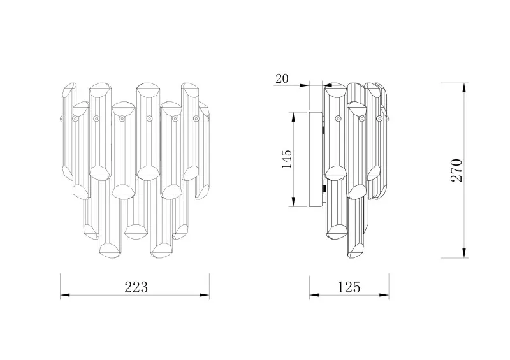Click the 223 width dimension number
point(136,287)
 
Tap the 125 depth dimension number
point(349,287)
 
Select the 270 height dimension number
point(456,170)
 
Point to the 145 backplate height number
point(287,159)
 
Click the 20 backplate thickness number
point(282,79)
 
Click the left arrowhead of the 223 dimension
point(65,295)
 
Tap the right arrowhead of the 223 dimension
point(205,295)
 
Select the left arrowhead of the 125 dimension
point(314,295)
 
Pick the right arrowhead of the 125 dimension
point(384,295)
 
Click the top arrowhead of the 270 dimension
point(465,87)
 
